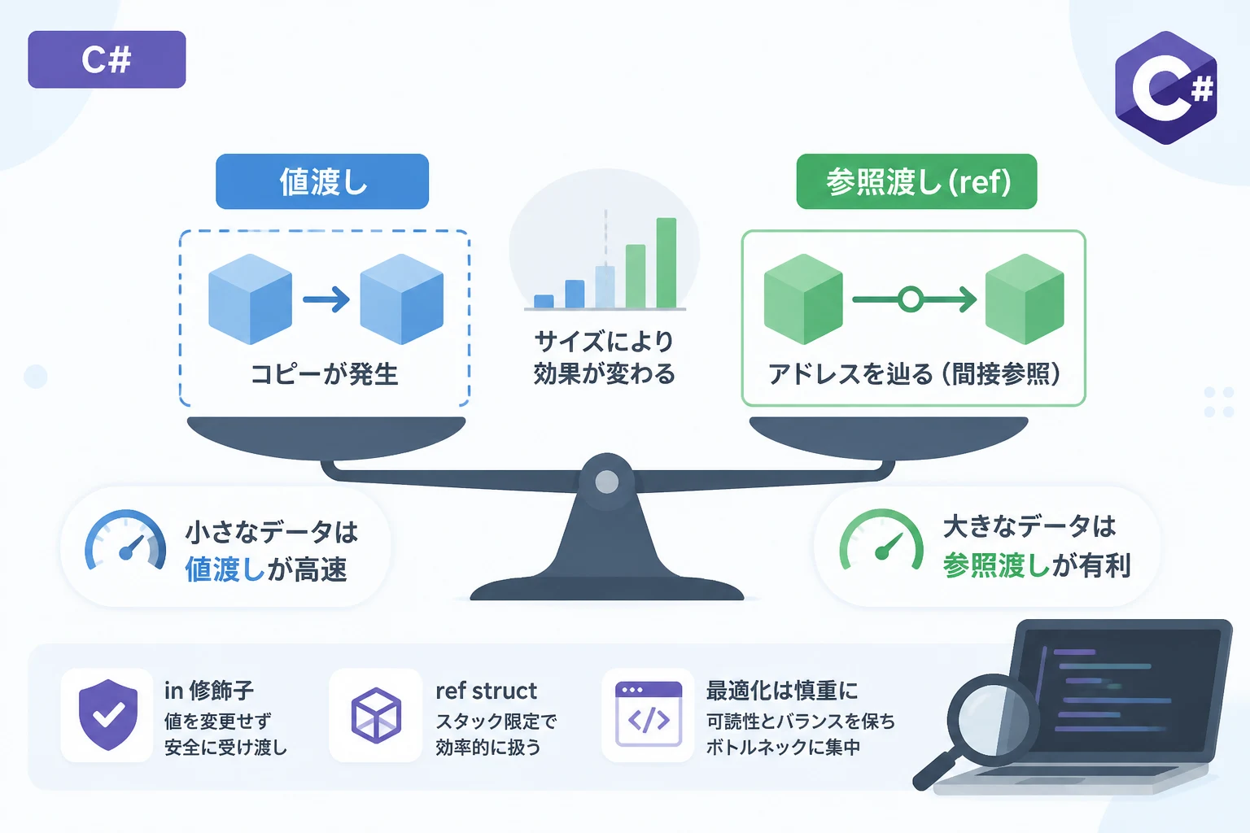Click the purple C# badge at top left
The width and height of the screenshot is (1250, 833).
[107, 59]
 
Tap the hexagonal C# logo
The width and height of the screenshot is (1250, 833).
[1165, 88]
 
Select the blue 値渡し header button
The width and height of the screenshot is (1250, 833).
[322, 181]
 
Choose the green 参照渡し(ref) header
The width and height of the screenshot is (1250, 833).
[916, 181]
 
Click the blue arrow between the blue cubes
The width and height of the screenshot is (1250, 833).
[326, 299]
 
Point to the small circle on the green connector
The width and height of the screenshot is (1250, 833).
[911, 299]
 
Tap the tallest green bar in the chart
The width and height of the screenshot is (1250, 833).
[667, 263]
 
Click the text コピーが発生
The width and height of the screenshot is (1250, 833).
[324, 374]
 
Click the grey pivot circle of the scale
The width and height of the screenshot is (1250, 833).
[606, 482]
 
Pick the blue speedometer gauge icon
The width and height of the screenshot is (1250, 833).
[125, 540]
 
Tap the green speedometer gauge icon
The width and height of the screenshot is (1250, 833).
[881, 539]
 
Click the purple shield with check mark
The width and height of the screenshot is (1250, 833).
[108, 715]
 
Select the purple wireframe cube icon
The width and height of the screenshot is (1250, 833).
[376, 715]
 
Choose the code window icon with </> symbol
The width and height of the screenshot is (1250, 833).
[649, 714]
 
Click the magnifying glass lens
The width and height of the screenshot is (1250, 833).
[994, 720]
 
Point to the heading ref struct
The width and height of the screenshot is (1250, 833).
[486, 691]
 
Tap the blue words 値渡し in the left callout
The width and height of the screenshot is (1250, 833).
[225, 569]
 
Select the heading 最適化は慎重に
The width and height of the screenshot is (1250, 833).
[782, 691]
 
